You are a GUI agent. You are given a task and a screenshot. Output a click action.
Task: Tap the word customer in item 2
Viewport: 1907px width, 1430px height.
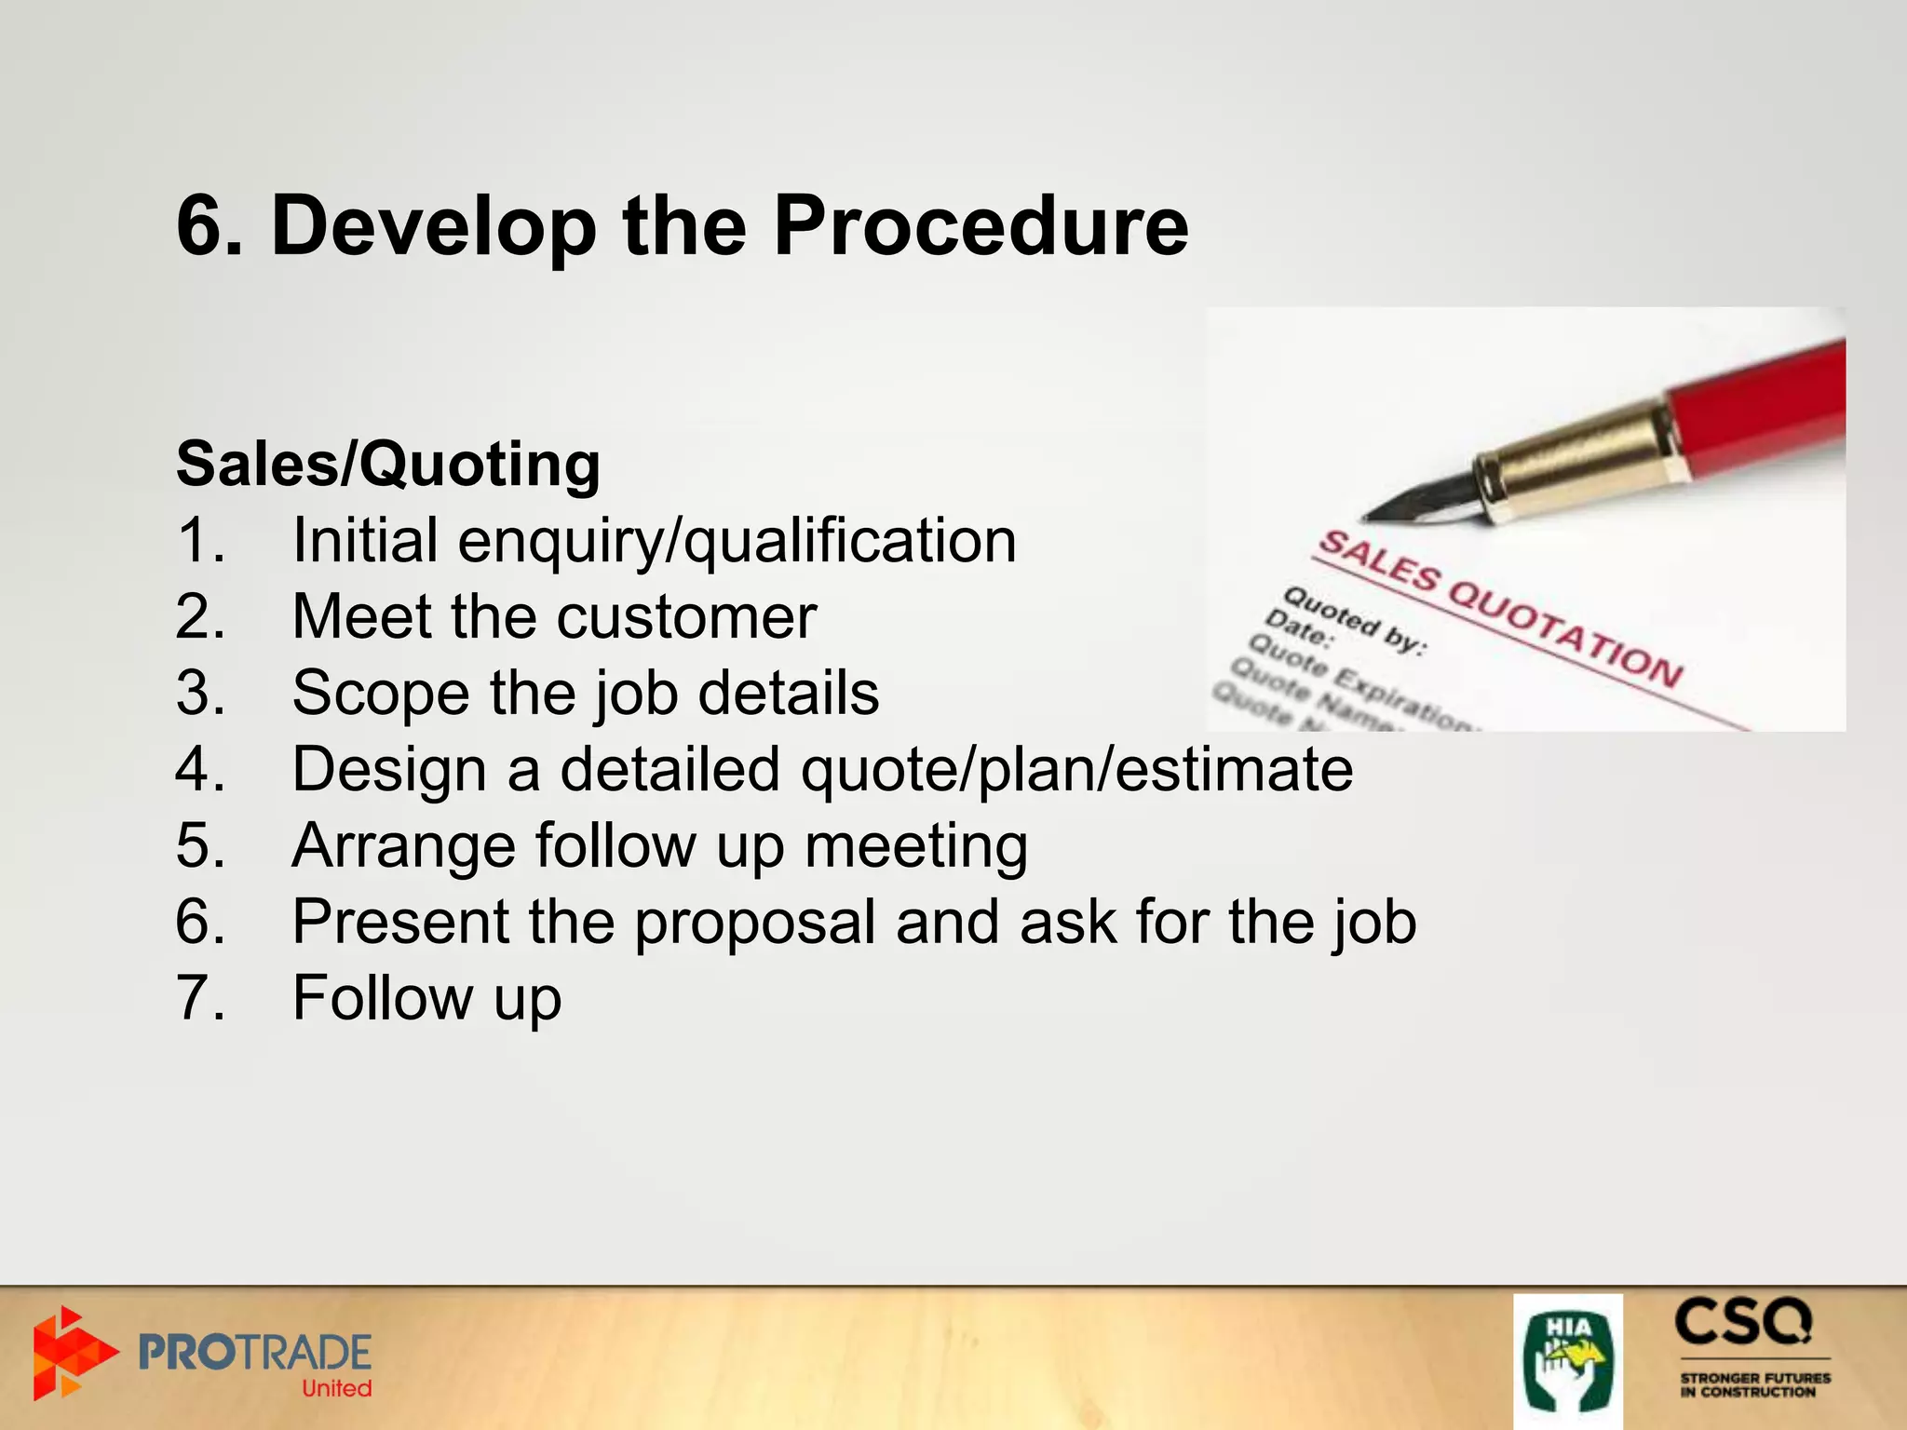click(686, 617)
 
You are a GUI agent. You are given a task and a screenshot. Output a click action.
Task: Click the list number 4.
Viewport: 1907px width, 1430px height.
click(199, 770)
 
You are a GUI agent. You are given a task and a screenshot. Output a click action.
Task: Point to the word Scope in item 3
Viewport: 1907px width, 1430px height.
click(380, 694)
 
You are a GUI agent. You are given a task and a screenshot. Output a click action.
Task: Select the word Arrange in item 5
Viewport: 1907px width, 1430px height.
click(402, 846)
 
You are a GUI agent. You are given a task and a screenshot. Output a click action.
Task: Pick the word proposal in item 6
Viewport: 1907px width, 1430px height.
click(754, 923)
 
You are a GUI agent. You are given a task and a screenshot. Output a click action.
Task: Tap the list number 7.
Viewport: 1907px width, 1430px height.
click(199, 999)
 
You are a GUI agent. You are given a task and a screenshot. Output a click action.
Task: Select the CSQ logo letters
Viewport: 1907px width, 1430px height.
click(1743, 1322)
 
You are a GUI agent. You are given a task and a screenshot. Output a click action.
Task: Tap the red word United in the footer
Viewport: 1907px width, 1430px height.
click(336, 1388)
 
